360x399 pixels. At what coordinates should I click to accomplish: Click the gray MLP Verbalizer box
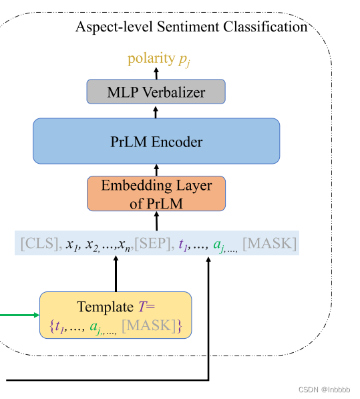[156, 92]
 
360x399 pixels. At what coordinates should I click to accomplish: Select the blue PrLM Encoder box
[156, 141]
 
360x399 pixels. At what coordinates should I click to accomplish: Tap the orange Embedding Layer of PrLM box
[156, 193]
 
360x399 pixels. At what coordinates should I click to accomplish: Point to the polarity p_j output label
[159, 59]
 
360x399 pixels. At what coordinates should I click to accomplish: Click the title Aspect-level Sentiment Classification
[191, 27]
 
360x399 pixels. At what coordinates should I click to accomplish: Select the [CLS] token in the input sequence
[39, 243]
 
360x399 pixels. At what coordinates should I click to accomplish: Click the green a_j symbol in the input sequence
[218, 244]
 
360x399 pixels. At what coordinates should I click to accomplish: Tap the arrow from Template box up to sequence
[116, 274]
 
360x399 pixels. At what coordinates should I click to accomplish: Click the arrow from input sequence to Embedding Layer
[156, 221]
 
